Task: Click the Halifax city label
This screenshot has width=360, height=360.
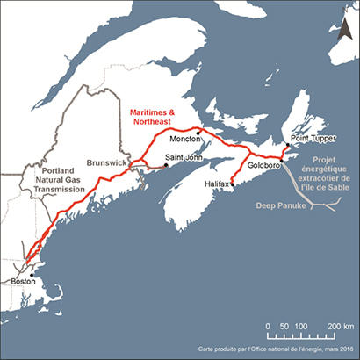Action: point(215,184)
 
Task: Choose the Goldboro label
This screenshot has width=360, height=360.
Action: point(264,165)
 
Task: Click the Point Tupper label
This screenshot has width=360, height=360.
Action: point(313,140)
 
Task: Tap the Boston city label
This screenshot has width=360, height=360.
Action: point(23,283)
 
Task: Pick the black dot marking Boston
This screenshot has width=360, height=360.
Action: point(32,274)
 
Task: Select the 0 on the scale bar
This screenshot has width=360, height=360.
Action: point(268,325)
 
